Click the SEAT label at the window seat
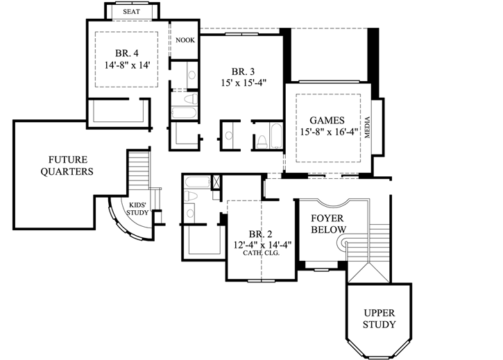(132, 12)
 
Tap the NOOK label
(185, 40)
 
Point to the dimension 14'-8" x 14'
(123, 65)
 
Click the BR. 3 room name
(244, 70)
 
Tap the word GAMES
(327, 119)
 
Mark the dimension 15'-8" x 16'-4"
(327, 132)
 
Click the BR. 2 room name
(262, 234)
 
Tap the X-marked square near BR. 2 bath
(215, 182)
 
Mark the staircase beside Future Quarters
(139, 173)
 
